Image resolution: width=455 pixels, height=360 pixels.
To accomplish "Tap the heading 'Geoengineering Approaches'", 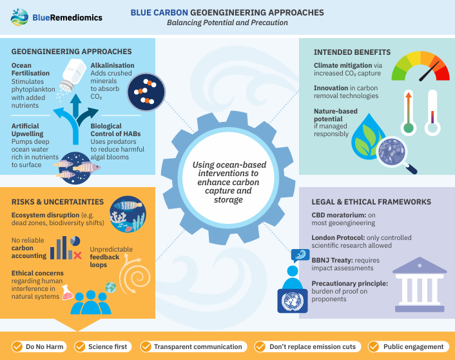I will tap(72, 52).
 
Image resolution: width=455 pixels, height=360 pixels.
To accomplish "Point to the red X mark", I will tap(77, 256).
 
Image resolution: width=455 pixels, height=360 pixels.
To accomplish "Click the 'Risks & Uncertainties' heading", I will tap(57, 202).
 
